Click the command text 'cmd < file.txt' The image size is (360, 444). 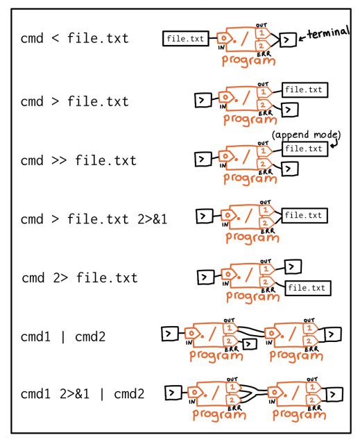[x=74, y=38]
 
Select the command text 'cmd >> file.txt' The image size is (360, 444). [x=78, y=160]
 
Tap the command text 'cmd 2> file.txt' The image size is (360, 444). [x=79, y=278]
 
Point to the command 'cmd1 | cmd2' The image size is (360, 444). [x=62, y=336]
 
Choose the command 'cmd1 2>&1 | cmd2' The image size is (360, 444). [x=82, y=394]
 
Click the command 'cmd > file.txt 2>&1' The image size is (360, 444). [x=94, y=219]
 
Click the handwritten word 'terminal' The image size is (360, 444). [x=328, y=33]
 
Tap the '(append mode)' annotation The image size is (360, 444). [x=306, y=135]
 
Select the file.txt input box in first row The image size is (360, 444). [x=186, y=39]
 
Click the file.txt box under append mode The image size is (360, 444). [x=305, y=148]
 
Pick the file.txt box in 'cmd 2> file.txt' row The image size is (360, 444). [x=307, y=288]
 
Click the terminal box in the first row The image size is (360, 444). [x=288, y=40]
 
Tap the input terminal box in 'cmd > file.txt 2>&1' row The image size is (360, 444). [x=204, y=216]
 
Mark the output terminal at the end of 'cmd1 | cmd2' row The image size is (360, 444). [x=333, y=334]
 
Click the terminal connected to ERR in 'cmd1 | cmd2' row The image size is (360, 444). [x=249, y=343]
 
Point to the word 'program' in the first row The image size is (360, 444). [x=248, y=60]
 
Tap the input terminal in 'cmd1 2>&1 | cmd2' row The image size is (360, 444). [x=173, y=393]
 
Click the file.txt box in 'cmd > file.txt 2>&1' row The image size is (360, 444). [x=305, y=216]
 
